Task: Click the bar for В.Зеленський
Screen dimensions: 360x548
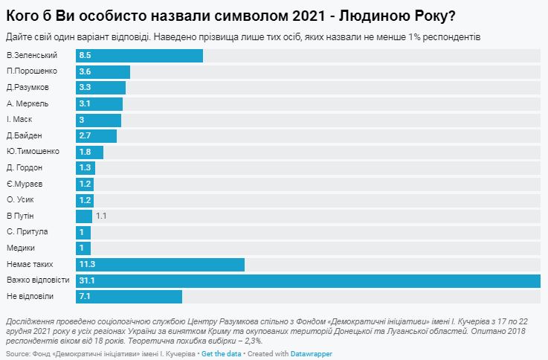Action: (140, 56)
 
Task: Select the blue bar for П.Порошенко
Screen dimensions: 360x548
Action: (103, 72)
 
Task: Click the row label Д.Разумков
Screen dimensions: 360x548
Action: (28, 88)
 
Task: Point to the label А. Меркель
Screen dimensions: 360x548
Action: (28, 103)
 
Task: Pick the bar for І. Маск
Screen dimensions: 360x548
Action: (99, 120)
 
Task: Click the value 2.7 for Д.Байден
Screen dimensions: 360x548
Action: (85, 135)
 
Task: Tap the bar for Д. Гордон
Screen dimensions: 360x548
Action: (86, 168)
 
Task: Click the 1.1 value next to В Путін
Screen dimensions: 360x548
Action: (102, 216)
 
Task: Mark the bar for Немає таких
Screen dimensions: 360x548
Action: (161, 265)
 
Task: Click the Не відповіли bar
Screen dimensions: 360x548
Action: (129, 297)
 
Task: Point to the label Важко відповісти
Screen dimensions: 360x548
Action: (37, 280)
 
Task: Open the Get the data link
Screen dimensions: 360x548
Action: (222, 353)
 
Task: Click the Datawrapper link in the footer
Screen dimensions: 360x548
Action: (311, 353)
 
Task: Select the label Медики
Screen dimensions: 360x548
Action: (20, 248)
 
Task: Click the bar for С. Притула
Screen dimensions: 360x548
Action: (84, 232)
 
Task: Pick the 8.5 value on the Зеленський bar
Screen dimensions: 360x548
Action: (85, 56)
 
